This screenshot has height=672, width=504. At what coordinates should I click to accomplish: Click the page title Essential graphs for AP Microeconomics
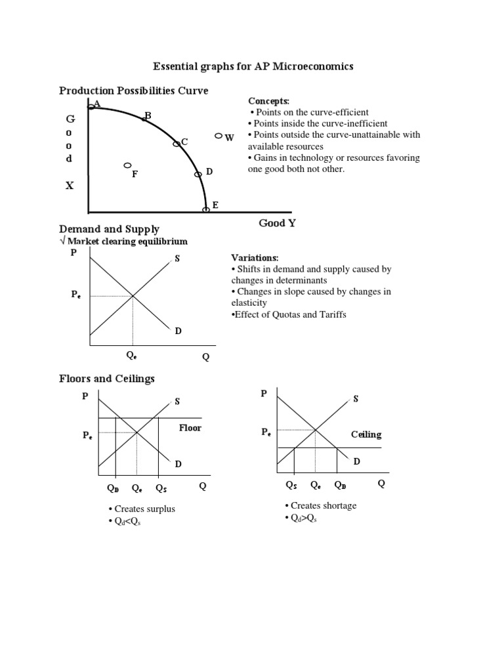(x=253, y=66)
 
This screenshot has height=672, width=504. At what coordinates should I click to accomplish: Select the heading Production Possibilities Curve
(x=134, y=91)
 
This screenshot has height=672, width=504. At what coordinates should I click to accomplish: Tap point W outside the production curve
(x=219, y=136)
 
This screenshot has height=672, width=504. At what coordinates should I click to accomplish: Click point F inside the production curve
(x=128, y=165)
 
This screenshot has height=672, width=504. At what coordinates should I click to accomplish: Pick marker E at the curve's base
(x=206, y=209)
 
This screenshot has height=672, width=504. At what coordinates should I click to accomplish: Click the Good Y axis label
(x=277, y=223)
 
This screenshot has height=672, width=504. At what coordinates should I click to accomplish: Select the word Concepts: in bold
(x=268, y=101)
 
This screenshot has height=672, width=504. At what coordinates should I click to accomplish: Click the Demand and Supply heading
(x=109, y=229)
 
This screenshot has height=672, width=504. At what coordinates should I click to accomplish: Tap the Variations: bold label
(x=255, y=258)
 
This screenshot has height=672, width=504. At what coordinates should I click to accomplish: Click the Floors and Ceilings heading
(x=107, y=379)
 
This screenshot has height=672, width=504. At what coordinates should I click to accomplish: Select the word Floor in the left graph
(x=190, y=428)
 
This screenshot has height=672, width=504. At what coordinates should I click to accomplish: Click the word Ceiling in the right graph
(x=366, y=434)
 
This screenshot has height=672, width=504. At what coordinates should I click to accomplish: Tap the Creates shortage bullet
(x=320, y=505)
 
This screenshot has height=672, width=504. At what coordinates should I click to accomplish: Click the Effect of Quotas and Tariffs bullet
(x=288, y=314)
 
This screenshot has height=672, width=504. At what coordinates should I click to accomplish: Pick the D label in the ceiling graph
(x=357, y=461)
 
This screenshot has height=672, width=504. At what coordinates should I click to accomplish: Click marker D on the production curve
(x=198, y=175)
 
